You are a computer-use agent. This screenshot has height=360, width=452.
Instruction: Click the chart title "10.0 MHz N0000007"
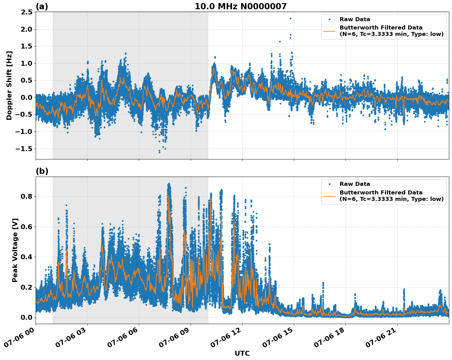[240, 6]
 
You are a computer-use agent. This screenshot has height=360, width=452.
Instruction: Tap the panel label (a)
[42, 6]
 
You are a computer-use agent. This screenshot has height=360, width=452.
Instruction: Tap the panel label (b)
[42, 171]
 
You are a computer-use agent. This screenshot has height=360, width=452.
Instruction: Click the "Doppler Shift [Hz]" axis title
[9, 85]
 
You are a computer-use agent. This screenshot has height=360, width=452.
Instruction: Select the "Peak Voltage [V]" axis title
[15, 250]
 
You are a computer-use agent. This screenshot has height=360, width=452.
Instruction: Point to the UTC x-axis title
[242, 354]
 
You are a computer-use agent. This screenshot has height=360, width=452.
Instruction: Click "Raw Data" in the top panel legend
[355, 19]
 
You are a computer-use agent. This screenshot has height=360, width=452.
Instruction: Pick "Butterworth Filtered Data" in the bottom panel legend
[381, 193]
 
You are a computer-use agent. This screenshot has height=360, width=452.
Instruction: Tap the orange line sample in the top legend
[329, 31]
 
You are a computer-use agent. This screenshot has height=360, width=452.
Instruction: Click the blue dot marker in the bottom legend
[329, 184]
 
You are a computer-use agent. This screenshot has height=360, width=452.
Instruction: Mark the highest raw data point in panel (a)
[290, 18]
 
